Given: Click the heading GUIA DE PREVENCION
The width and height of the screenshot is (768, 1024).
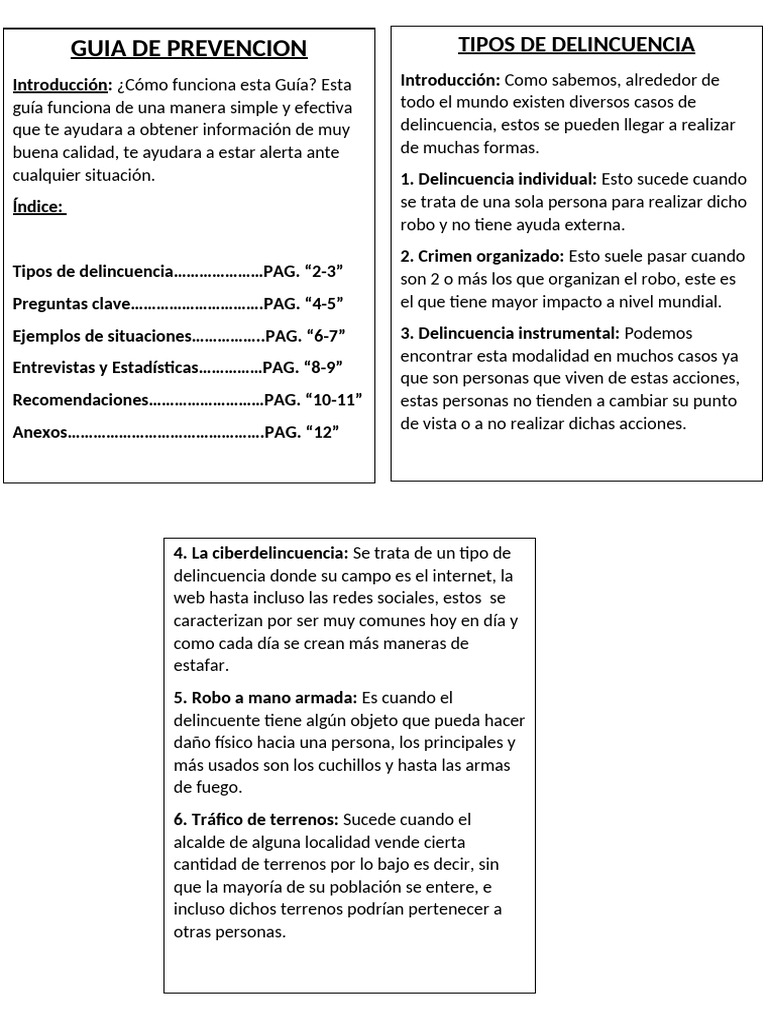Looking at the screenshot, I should coord(189,49).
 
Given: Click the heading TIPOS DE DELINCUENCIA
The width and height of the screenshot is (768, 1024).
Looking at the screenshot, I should coord(576,44).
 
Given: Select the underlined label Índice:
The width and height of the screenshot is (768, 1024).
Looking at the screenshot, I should coord(39,207).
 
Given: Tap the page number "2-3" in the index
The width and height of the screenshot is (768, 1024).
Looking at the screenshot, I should coord(323,271).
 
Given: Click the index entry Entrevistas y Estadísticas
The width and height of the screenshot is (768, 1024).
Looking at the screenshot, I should coord(106,367).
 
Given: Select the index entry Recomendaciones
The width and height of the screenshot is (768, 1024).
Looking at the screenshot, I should coord(80,399).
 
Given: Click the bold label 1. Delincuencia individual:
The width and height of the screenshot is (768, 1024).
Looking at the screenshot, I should coord(498,179).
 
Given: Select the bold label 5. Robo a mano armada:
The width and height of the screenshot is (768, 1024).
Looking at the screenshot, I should coord(265,697).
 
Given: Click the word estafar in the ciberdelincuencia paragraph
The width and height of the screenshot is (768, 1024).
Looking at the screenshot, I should coord(200,664).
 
